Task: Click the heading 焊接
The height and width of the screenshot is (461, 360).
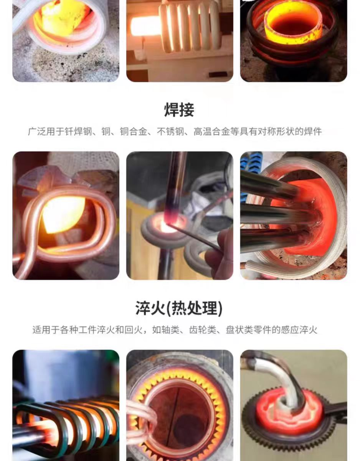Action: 179,110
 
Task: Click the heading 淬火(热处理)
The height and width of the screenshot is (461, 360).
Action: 179,308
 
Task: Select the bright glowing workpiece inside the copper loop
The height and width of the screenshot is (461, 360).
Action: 64,214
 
